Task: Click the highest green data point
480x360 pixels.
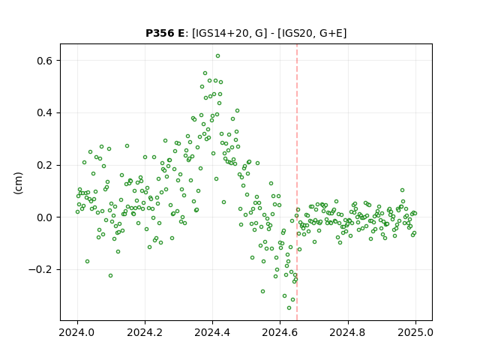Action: (217, 56)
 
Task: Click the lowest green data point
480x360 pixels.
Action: (289, 308)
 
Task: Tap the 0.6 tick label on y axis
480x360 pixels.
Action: (45, 61)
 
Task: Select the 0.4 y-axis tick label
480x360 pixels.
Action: (45, 113)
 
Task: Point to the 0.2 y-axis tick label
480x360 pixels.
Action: (45, 165)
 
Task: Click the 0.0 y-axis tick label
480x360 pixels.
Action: (45, 217)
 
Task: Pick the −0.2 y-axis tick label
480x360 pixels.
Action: (40, 270)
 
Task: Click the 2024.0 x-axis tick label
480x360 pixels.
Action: (77, 332)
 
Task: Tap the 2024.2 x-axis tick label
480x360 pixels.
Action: (145, 332)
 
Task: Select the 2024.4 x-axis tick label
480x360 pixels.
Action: (212, 332)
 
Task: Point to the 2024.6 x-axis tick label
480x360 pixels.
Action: (280, 332)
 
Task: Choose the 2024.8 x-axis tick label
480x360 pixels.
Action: (348, 332)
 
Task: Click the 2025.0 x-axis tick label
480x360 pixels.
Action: (415, 332)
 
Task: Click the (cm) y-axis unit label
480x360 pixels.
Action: (18, 183)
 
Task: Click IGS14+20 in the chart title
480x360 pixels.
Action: (220, 33)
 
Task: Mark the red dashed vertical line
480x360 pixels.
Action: (297, 182)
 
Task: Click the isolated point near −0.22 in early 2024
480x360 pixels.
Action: (110, 276)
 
